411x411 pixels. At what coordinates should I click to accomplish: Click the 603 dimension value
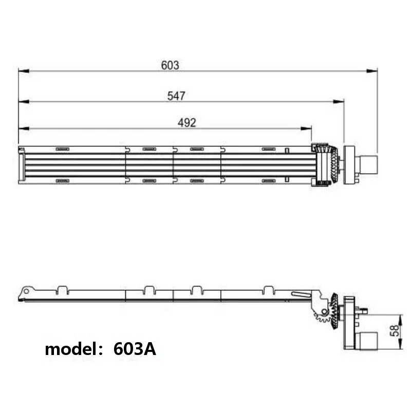pyautogui.click(x=170, y=65)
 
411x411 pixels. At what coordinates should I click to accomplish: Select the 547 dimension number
pyautogui.click(x=176, y=96)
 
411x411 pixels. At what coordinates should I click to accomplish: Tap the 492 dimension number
pyautogui.click(x=186, y=123)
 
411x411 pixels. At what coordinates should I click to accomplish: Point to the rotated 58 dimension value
pyautogui.click(x=395, y=330)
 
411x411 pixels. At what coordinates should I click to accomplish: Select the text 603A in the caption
pyautogui.click(x=135, y=349)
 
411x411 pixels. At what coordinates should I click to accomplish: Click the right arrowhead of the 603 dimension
pyautogui.click(x=372, y=71)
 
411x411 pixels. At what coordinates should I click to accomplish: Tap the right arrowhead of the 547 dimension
pyautogui.click(x=339, y=101)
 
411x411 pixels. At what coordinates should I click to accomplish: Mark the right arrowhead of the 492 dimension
pyautogui.click(x=306, y=128)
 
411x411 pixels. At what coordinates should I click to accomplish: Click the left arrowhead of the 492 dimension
pyautogui.click(x=24, y=128)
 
